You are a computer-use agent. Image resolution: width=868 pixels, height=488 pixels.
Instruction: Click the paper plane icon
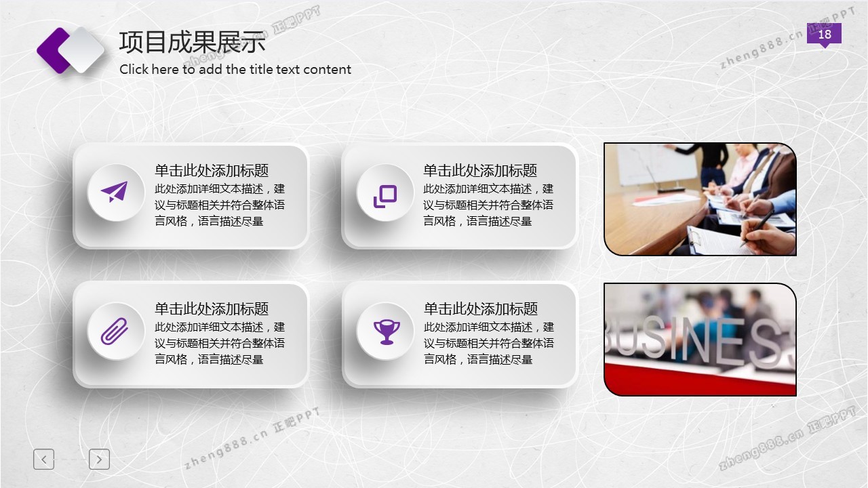(x=115, y=192)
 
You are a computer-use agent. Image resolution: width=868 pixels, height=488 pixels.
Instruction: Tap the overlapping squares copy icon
(x=384, y=196)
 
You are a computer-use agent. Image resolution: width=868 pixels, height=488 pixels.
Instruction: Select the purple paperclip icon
(x=115, y=331)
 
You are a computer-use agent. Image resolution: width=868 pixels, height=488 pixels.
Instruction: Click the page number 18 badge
(x=824, y=35)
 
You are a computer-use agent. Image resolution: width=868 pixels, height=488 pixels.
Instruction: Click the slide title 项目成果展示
(x=192, y=42)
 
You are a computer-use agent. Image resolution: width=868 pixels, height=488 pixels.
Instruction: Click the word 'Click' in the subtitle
(x=134, y=69)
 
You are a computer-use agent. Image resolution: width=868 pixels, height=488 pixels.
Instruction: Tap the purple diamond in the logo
(x=54, y=50)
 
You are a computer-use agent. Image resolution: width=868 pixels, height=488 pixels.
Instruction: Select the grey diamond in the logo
(x=82, y=49)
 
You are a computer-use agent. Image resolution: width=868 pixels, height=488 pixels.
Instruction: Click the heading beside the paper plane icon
(x=212, y=170)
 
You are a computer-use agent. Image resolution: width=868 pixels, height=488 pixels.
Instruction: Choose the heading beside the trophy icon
(x=481, y=308)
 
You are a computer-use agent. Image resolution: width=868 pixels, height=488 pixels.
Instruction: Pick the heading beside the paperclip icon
(x=212, y=308)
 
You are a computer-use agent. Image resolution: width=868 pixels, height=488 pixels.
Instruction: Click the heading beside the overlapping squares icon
(x=480, y=170)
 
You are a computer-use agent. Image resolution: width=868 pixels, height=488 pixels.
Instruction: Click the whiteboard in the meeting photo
(x=657, y=165)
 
